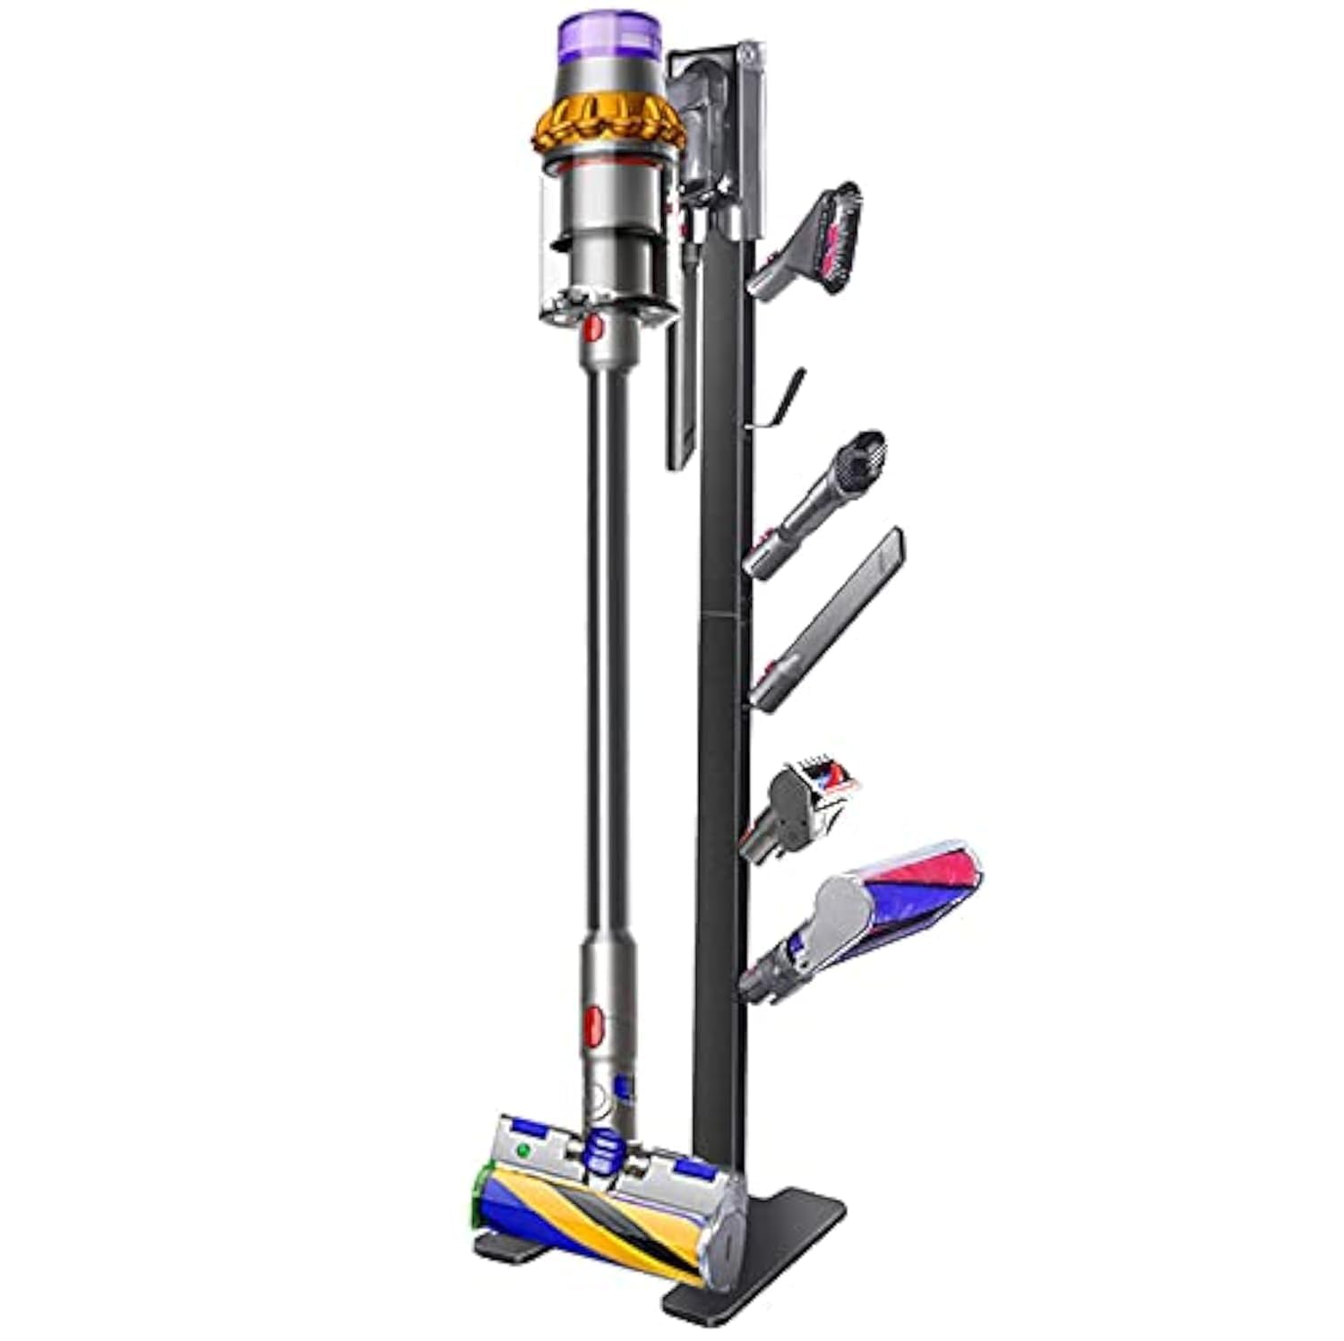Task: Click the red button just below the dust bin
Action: (593, 329)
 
